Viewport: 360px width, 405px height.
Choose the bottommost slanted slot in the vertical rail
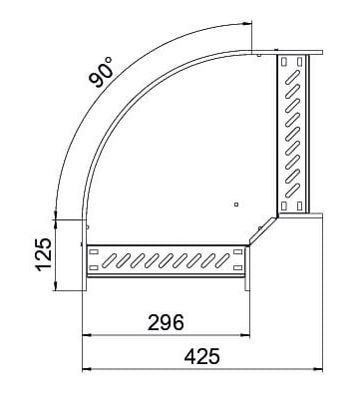(294, 188)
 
